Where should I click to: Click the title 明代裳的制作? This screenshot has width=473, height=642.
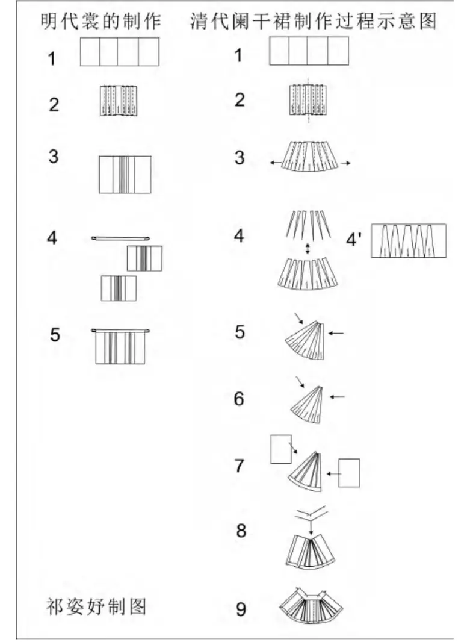click(100, 21)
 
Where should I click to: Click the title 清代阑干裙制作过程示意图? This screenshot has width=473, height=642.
click(314, 21)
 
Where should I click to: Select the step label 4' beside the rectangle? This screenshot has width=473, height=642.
click(354, 240)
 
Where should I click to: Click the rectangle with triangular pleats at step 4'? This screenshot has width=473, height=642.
click(409, 241)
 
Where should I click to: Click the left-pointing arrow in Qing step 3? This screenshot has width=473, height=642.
click(276, 163)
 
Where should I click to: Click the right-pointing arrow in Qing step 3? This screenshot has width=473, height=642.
click(345, 163)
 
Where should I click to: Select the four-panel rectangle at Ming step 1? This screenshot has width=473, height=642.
click(120, 52)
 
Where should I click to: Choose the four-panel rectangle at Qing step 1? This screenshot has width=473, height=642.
click(309, 51)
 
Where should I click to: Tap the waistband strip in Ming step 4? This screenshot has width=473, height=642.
click(120, 238)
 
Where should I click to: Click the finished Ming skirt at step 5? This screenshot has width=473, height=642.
click(120, 346)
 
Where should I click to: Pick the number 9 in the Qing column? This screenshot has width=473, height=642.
click(241, 609)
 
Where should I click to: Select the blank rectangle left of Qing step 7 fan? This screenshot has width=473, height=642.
click(281, 449)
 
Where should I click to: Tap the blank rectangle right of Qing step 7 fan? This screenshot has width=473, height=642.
click(349, 473)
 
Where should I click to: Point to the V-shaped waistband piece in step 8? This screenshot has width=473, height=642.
click(312, 513)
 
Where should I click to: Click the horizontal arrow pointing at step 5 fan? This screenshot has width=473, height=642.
click(336, 333)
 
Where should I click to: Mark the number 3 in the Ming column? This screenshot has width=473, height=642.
click(54, 157)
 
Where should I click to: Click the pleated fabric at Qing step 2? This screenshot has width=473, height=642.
click(308, 100)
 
